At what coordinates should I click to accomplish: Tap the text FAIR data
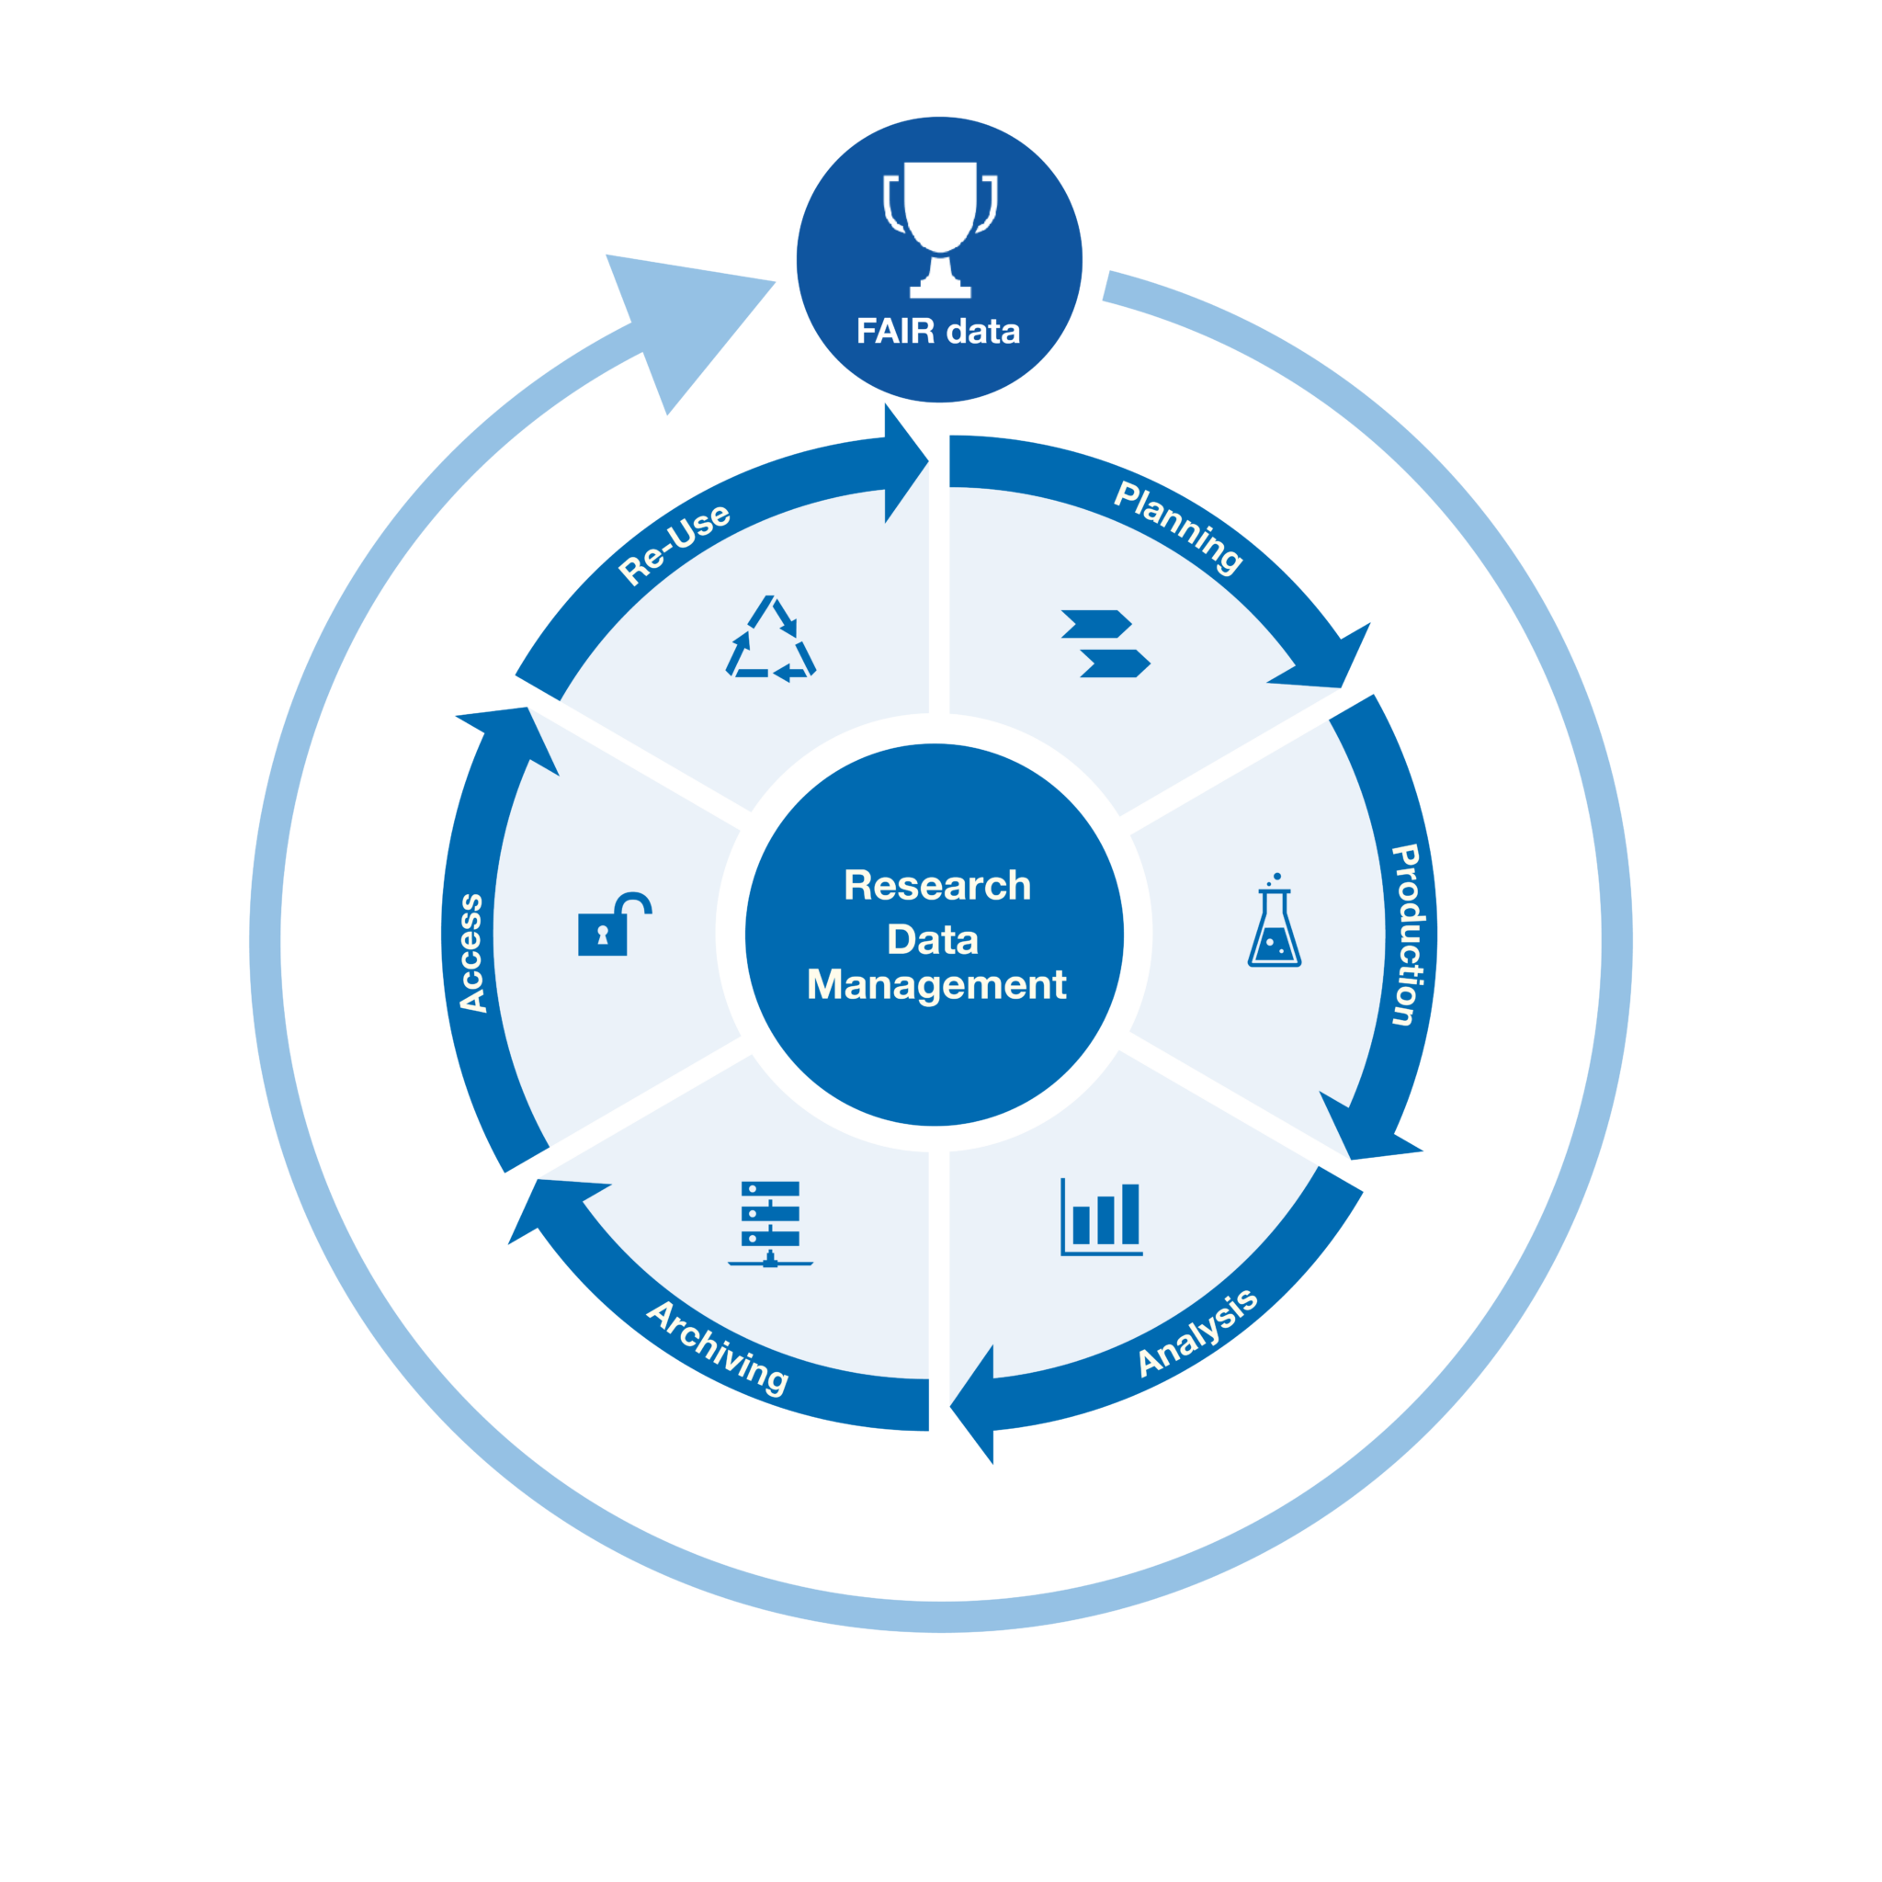[938, 332]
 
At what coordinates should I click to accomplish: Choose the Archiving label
[717, 1347]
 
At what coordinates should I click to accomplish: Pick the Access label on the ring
[471, 953]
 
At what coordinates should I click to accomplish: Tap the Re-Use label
[675, 542]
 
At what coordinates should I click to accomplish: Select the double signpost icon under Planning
[1105, 643]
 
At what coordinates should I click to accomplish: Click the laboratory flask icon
[1275, 922]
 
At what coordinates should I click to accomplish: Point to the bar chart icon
[1101, 1217]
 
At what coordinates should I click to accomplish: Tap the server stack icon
[769, 1223]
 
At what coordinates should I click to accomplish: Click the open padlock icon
[613, 924]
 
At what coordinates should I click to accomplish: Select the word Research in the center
[937, 886]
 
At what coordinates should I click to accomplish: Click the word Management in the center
[936, 985]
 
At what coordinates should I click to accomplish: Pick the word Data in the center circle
[932, 940]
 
